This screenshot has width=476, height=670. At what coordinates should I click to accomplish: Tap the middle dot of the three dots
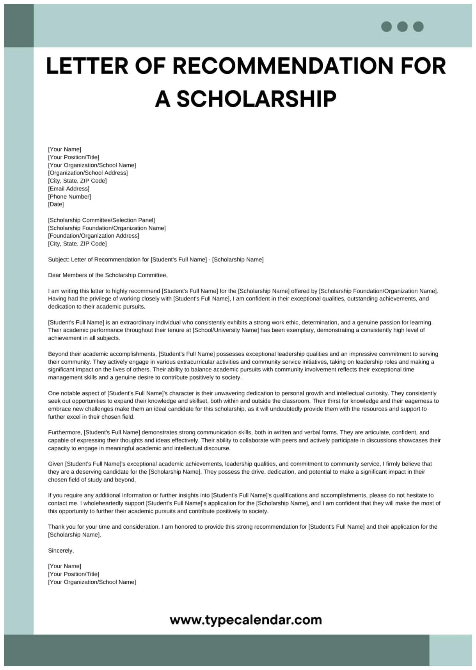point(402,27)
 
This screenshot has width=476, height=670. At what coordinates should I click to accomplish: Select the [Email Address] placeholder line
point(69,188)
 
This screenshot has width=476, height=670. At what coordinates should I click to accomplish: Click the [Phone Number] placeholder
point(69,197)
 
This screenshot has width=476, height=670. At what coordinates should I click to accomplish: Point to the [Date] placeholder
point(56,204)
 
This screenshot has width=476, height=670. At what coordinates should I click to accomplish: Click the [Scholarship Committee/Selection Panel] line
point(101,220)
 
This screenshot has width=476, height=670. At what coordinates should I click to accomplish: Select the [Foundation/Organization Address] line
point(94,236)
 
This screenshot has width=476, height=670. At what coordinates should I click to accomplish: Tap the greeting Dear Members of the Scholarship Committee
point(108,275)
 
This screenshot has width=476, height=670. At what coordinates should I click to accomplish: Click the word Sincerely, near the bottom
point(61,551)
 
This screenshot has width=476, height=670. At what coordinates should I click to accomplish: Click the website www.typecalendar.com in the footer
point(246,620)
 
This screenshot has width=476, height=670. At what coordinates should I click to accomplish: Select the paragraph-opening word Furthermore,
point(65,432)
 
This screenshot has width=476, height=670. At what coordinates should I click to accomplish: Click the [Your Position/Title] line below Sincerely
point(74,574)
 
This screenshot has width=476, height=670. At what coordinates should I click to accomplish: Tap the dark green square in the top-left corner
point(19,26)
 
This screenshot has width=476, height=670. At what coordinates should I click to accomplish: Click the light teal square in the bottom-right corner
point(450,650)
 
